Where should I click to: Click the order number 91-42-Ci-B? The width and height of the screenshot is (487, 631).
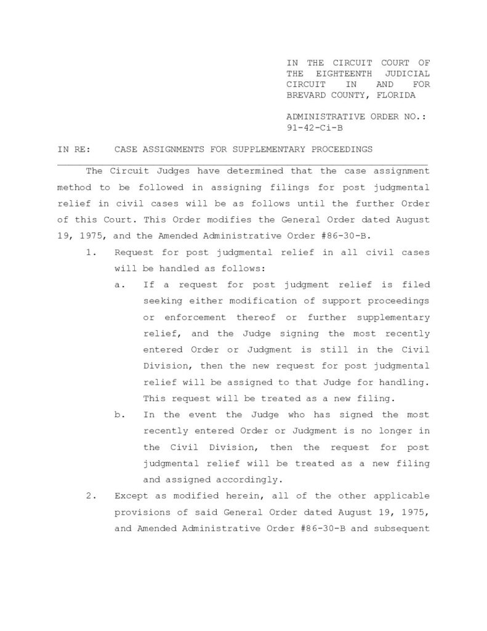coord(315,128)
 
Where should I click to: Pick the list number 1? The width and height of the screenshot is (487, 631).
coord(90,252)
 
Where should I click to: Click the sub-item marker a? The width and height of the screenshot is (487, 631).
coord(118,285)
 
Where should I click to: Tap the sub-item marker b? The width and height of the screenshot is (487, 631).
coord(118,415)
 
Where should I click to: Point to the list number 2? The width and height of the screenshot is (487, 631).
coord(90,496)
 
